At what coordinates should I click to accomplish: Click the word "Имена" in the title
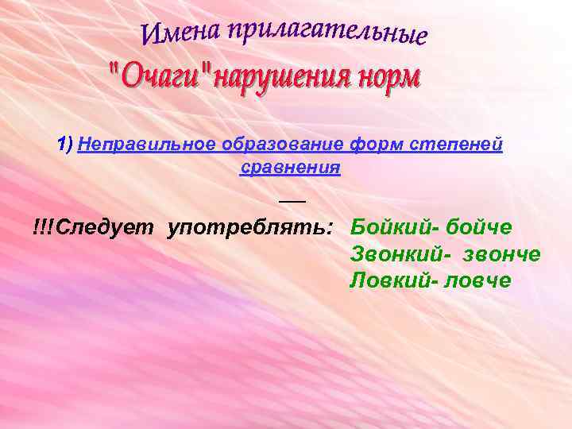coord(180,33)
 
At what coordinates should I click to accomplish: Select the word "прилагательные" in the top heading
coord(327,33)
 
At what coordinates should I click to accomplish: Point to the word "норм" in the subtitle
coord(388,79)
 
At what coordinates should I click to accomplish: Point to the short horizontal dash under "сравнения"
coord(292,201)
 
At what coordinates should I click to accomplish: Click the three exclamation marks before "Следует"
coord(44,228)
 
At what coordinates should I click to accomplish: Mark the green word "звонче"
coord(500,254)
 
